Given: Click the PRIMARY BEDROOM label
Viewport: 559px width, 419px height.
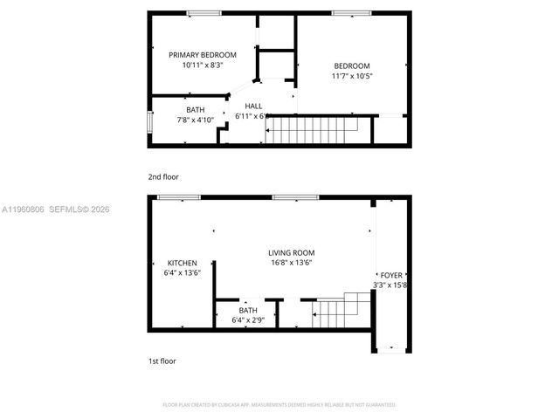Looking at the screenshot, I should pyautogui.click(x=203, y=55).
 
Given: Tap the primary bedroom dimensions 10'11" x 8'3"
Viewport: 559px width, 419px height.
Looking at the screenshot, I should pyautogui.click(x=203, y=65).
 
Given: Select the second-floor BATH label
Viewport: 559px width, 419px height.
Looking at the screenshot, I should pyautogui.click(x=195, y=109).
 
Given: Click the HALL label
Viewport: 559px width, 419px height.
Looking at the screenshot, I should pyautogui.click(x=253, y=106).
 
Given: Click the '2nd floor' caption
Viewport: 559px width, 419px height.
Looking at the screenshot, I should pyautogui.click(x=162, y=176).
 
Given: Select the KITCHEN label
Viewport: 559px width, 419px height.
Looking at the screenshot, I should pyautogui.click(x=183, y=263).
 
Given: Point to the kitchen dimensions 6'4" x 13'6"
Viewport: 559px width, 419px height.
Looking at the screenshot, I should pyautogui.click(x=183, y=272).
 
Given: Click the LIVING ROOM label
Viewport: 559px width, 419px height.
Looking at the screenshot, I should pyautogui.click(x=292, y=253).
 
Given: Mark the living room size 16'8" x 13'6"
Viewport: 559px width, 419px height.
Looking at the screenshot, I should pyautogui.click(x=292, y=263).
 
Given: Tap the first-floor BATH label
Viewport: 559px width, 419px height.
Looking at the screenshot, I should pyautogui.click(x=248, y=310).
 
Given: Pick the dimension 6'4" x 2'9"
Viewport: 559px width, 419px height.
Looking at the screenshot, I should pyautogui.click(x=248, y=319).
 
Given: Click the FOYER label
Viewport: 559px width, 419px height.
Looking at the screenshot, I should pyautogui.click(x=390, y=275).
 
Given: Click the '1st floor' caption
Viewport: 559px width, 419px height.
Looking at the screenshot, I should pyautogui.click(x=162, y=361).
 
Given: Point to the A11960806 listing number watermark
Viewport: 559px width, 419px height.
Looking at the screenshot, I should pyautogui.click(x=24, y=209).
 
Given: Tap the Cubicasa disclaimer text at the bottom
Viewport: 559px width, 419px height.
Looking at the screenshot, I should pyautogui.click(x=279, y=405).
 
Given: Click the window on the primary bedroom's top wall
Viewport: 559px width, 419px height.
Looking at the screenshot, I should pyautogui.click(x=203, y=12).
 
